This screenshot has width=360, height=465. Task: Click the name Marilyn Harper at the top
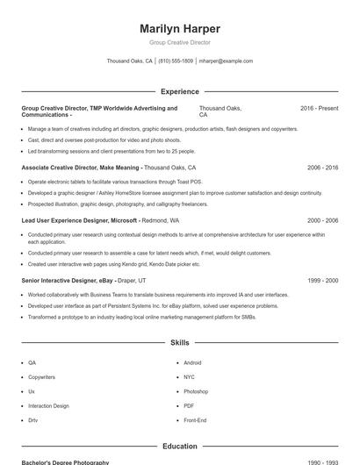pyautogui.click(x=180, y=28)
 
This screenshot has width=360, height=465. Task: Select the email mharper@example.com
pyautogui.click(x=226, y=61)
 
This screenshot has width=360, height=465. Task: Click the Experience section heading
pyautogui.click(x=180, y=91)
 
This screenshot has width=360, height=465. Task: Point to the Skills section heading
pyautogui.click(x=180, y=343)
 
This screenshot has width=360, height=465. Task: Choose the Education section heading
pyautogui.click(x=180, y=446)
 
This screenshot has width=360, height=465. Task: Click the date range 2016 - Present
pyautogui.click(x=319, y=108)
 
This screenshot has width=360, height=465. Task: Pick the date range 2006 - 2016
pyautogui.click(x=322, y=167)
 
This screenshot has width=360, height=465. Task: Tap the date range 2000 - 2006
pyautogui.click(x=322, y=221)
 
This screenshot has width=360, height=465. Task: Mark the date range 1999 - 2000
pyautogui.click(x=322, y=280)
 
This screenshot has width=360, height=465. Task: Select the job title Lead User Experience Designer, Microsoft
pyautogui.click(x=80, y=221)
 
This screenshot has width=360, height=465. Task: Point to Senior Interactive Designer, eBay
pyautogui.click(x=68, y=280)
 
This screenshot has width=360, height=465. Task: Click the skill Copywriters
pyautogui.click(x=41, y=376)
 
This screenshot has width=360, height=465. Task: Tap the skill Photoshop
pyautogui.click(x=196, y=391)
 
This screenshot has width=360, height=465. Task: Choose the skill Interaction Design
pyautogui.click(x=48, y=406)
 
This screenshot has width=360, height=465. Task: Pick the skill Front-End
pyautogui.click(x=195, y=420)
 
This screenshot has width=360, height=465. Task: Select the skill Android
pyautogui.click(x=192, y=362)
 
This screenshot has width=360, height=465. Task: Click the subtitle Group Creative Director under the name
pyautogui.click(x=180, y=42)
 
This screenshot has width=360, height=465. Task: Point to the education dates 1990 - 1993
pyautogui.click(x=322, y=462)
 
